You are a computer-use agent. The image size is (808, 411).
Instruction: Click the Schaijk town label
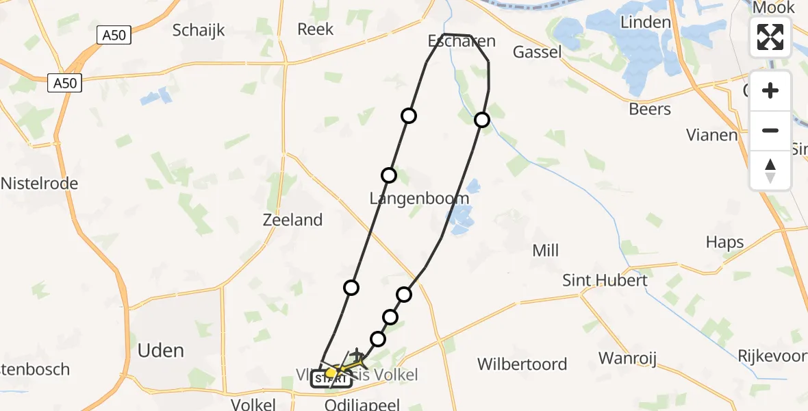pos(199,30)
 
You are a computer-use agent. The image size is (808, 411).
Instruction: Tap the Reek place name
pos(316,29)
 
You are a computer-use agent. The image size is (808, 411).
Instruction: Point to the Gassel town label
pos(537,52)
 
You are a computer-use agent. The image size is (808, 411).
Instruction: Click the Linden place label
pos(645,22)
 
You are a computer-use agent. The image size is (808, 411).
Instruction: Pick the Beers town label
pos(650,109)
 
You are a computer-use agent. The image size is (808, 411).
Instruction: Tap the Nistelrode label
pos(40,184)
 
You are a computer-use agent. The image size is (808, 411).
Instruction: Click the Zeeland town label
pos(292,220)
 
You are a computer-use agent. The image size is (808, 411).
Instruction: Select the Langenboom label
pos(419,199)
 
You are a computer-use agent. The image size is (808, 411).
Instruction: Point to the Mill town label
pos(546,251)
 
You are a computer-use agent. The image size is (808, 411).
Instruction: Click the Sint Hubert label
pos(605,280)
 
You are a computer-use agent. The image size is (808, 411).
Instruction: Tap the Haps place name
pos(724,242)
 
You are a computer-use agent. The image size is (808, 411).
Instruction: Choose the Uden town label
pos(161,351)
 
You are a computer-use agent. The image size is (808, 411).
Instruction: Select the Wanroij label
pos(629,358)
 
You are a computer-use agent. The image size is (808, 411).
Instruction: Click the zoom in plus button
pos(770,91)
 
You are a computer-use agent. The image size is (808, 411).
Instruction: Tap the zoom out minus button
pos(770,130)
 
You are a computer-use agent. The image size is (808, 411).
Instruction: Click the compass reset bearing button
pos(770,170)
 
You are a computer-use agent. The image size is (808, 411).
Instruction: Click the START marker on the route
pos(331,379)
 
